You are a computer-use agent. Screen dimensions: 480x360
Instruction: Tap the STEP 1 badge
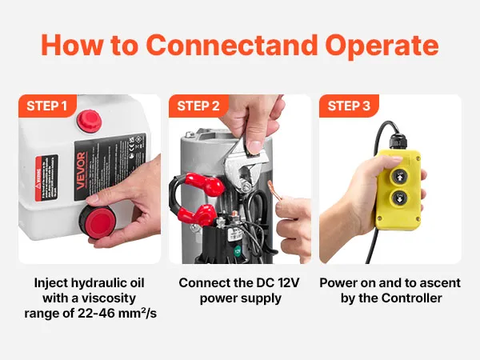pos(47,106)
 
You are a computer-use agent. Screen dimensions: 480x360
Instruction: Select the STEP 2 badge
pos(198,106)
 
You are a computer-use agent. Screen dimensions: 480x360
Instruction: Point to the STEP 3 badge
pos(349,106)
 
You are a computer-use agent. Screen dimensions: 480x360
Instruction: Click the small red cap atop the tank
pos(89,120)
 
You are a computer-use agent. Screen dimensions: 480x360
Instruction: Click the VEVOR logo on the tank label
pos(81,170)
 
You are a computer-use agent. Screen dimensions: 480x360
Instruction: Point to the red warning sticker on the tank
pos(46,178)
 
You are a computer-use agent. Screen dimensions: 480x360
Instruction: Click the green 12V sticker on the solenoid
pos(238,252)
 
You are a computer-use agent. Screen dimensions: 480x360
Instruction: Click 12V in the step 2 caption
pos(288,283)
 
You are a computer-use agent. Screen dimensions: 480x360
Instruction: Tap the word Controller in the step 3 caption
pos(412,298)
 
